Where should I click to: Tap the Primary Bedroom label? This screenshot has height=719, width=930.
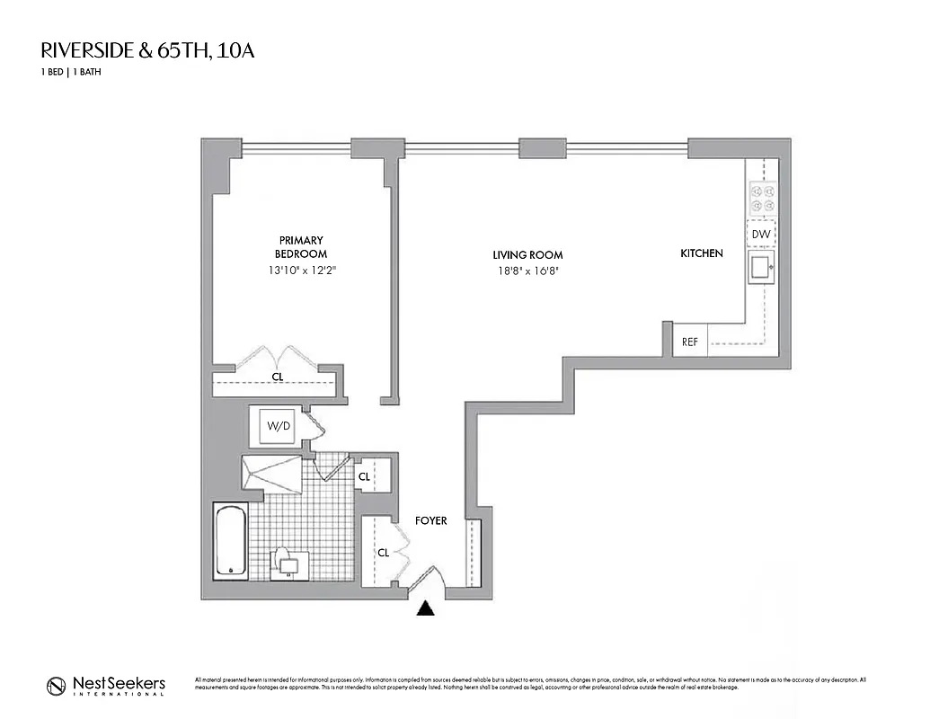[x=301, y=247]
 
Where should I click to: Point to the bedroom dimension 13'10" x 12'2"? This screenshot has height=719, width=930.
[x=301, y=271]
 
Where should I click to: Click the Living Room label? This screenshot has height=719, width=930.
[x=527, y=255]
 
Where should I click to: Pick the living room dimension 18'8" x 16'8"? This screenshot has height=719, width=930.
[x=527, y=271]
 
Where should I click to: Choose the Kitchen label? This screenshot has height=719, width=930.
[x=701, y=253]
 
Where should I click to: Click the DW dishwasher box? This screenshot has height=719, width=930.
[x=761, y=235]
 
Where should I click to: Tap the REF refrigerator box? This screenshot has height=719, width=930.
[x=690, y=342]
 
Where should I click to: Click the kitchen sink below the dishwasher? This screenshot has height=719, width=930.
[x=761, y=267]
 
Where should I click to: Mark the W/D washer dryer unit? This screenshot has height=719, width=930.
[x=276, y=426]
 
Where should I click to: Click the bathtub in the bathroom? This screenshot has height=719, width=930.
[x=229, y=542]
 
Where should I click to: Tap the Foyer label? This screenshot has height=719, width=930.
[x=430, y=520]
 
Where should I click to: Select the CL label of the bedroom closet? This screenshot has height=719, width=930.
[x=278, y=377]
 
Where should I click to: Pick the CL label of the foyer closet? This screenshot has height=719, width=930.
[x=383, y=553]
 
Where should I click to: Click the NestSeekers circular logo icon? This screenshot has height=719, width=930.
[x=57, y=686]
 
